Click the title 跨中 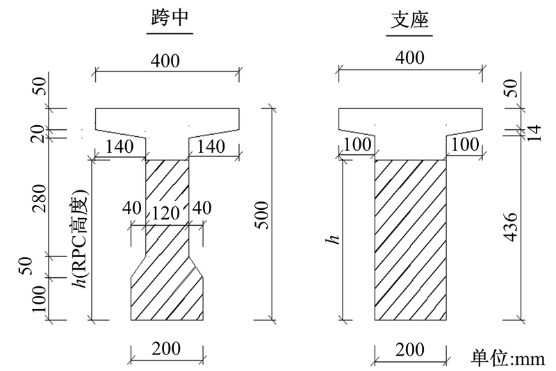[170, 18]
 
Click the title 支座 [409, 19]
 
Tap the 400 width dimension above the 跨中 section [165, 60]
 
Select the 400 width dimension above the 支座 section [409, 58]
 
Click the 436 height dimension [511, 227]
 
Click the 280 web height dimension [39, 198]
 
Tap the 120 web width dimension [165, 213]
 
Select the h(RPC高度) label [79, 239]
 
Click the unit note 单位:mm [508, 358]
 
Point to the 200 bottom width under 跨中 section [166, 349]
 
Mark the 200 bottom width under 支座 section [409, 350]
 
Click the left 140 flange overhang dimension [120, 147]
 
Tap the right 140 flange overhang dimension [211, 147]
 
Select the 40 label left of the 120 [132, 208]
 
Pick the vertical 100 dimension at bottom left [39, 299]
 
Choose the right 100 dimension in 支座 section [465, 145]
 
